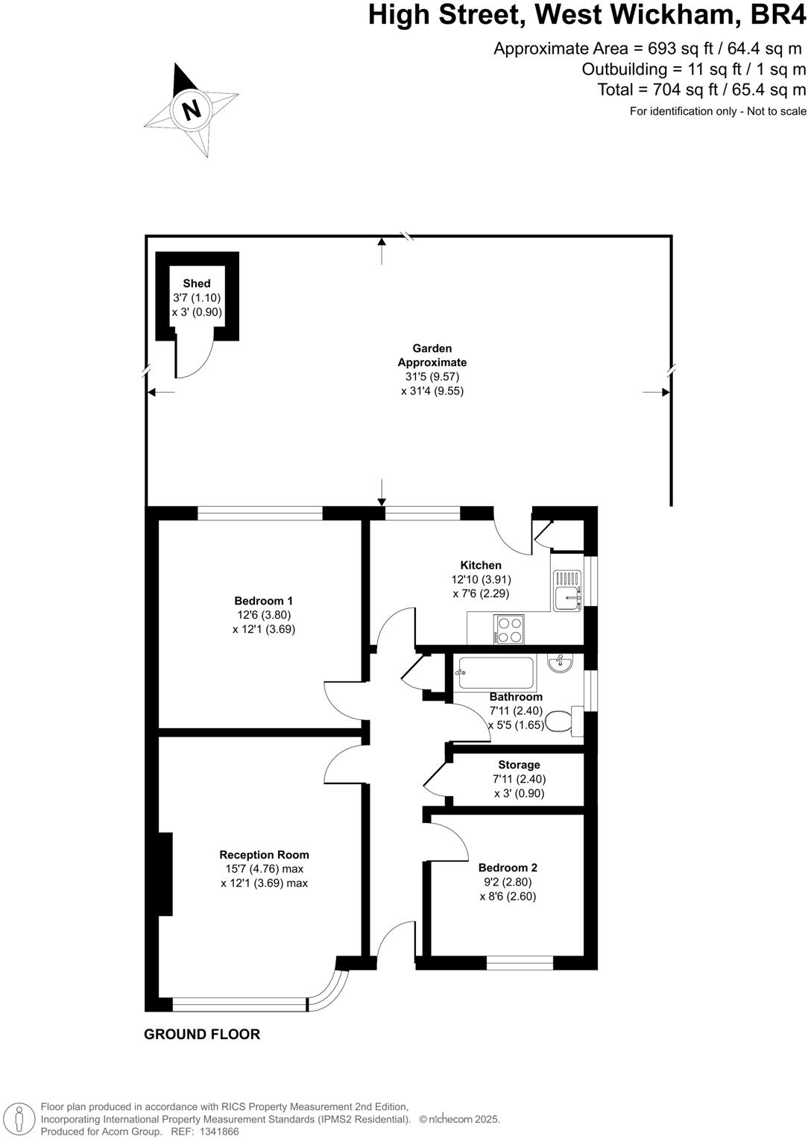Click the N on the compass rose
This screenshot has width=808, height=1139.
[x=192, y=110]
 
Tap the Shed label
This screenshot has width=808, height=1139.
[x=197, y=283]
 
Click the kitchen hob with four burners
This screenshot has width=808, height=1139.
[x=509, y=628]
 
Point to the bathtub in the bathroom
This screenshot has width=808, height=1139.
[x=496, y=673]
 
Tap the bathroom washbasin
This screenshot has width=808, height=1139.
[x=560, y=662]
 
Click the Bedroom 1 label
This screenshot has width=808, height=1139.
[x=263, y=601]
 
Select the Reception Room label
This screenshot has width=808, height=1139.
[x=264, y=855]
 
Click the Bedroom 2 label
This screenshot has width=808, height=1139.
[x=508, y=868]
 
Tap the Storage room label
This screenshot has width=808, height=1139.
[x=519, y=765]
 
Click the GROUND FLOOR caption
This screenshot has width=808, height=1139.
[x=202, y=1034]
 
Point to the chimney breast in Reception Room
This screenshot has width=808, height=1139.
[x=165, y=874]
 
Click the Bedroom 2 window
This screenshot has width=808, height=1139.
[x=520, y=963]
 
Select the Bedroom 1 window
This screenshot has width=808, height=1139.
[x=260, y=513]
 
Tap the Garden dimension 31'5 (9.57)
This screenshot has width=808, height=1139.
[x=432, y=376]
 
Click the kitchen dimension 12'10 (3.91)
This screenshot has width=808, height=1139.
[x=481, y=579]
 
